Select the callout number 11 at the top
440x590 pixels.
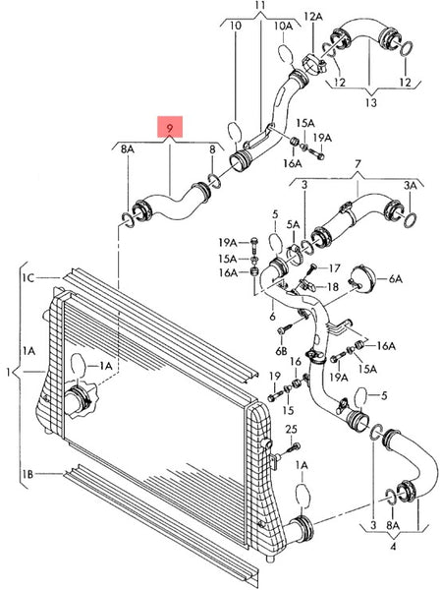coord(260,6)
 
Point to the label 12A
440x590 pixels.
coord(312,17)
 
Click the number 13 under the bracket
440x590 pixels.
coord(370,101)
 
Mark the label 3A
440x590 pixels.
coord(409,184)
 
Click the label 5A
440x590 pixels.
coord(294,224)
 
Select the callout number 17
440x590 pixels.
coord(334,266)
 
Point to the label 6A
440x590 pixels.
coord(395,279)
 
